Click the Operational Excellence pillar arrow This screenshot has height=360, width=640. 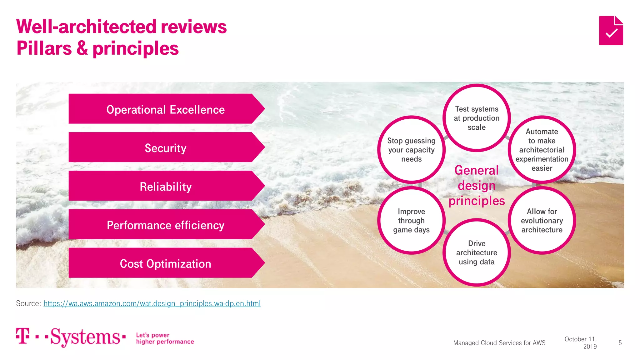166,109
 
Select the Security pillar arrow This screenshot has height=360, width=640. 166,147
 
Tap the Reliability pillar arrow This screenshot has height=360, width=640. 166,186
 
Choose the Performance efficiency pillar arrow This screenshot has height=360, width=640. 166,225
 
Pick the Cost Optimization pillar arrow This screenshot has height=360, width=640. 166,263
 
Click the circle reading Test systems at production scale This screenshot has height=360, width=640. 477,118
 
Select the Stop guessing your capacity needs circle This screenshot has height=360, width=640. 411,150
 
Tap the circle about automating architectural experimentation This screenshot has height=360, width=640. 542,150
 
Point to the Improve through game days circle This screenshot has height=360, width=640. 411,221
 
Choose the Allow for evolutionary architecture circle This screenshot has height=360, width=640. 542,221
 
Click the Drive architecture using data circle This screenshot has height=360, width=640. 477,252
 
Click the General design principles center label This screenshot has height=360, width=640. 477,186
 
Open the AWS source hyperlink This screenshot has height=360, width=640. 152,303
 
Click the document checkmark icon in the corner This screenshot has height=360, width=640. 611,31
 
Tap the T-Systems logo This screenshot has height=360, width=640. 71,337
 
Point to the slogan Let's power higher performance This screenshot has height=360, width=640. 165,338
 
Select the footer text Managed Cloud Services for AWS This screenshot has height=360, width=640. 499,343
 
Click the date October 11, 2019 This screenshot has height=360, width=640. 581,343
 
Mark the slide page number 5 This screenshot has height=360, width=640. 620,343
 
